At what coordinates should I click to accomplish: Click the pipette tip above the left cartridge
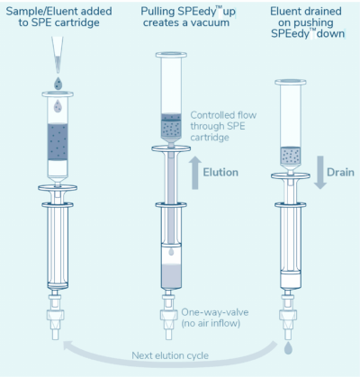point(57,55)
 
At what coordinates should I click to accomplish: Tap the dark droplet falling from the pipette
point(58,84)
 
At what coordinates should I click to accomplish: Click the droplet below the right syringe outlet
point(288,348)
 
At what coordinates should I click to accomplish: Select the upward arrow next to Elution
point(195,173)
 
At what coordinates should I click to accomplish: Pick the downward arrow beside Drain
point(320,173)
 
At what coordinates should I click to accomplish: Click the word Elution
point(220,173)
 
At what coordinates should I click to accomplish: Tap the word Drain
point(340,173)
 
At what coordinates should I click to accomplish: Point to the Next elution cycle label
point(170,355)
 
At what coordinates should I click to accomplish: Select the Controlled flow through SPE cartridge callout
point(223,126)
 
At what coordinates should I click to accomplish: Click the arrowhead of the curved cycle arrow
point(67,346)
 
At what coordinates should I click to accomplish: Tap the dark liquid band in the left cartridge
point(58,142)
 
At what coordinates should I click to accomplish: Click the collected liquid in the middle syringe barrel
point(171,276)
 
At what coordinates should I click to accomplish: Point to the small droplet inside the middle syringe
point(171,252)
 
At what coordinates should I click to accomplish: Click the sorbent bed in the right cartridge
point(291,156)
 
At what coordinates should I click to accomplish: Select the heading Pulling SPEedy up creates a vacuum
point(188,17)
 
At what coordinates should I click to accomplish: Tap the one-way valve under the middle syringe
point(168,315)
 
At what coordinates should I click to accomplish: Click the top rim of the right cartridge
point(291,82)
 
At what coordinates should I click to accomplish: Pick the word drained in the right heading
point(323,12)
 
